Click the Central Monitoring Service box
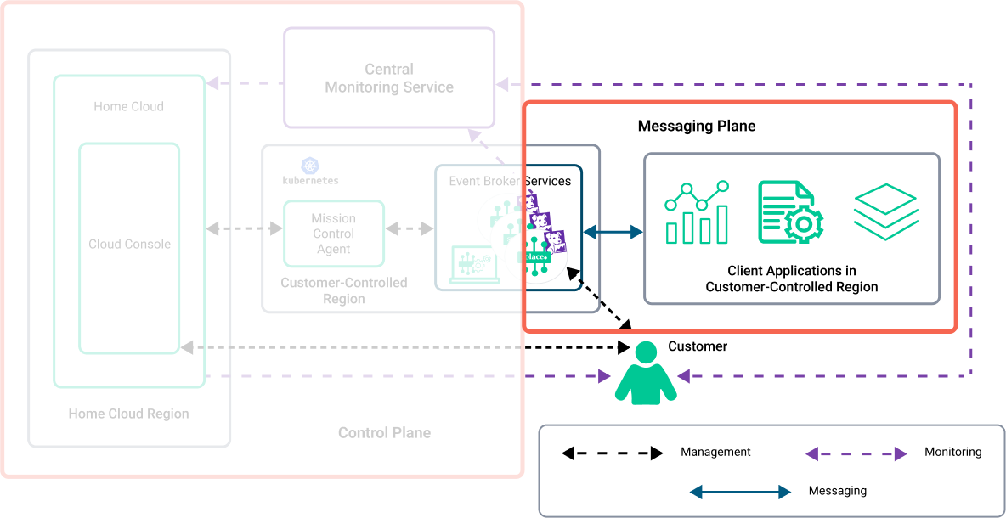(x=388, y=78)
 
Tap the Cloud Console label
(x=129, y=245)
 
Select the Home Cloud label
(x=128, y=107)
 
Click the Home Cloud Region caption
(x=128, y=414)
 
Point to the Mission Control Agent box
(x=333, y=234)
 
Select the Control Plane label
(x=384, y=433)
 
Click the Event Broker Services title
(x=510, y=181)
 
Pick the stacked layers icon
(x=885, y=211)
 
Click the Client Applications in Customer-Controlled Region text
(x=791, y=279)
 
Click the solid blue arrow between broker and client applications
(x=613, y=231)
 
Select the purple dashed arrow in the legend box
(x=856, y=454)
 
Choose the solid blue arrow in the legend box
(x=739, y=492)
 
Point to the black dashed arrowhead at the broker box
(x=575, y=274)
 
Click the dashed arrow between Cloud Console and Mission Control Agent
(x=244, y=228)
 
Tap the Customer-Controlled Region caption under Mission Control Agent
(x=343, y=290)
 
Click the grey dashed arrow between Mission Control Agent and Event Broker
(x=410, y=228)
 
